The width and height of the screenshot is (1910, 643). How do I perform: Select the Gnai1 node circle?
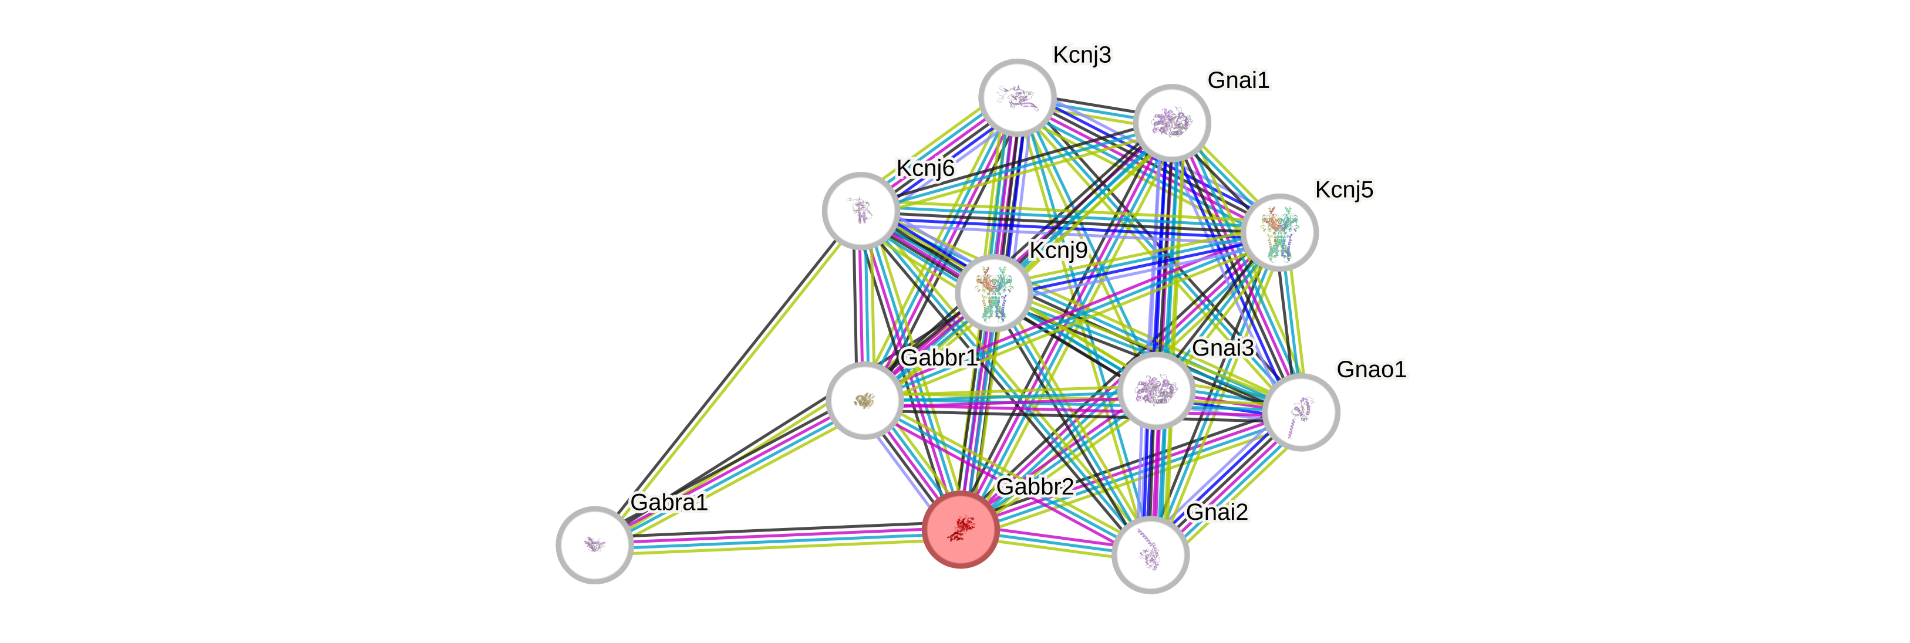[x=1171, y=122]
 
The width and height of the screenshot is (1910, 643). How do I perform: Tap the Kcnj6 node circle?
[x=861, y=211]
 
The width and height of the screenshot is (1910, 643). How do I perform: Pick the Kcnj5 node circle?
[x=1280, y=232]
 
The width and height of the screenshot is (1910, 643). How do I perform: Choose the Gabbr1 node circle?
[x=864, y=400]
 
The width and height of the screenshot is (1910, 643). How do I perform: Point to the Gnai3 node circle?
[x=1156, y=390]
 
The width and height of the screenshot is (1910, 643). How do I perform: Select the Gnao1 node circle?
[x=1301, y=412]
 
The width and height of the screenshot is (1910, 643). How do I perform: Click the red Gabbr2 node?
[x=960, y=529]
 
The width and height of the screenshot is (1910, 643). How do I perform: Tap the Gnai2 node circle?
[x=1150, y=555]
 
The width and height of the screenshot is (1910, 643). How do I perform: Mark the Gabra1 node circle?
[x=594, y=544]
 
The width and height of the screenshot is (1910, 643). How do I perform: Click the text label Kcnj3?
[x=1082, y=55]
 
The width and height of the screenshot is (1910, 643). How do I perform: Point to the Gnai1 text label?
[x=1238, y=80]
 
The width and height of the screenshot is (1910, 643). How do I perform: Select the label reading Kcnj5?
[x=1343, y=189]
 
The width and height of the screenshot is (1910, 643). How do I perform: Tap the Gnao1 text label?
[x=1371, y=369]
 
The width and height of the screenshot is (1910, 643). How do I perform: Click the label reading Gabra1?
[x=669, y=502]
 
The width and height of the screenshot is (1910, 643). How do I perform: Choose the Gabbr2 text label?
[x=1035, y=487]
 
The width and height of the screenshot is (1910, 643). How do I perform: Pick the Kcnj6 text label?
[x=925, y=168]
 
